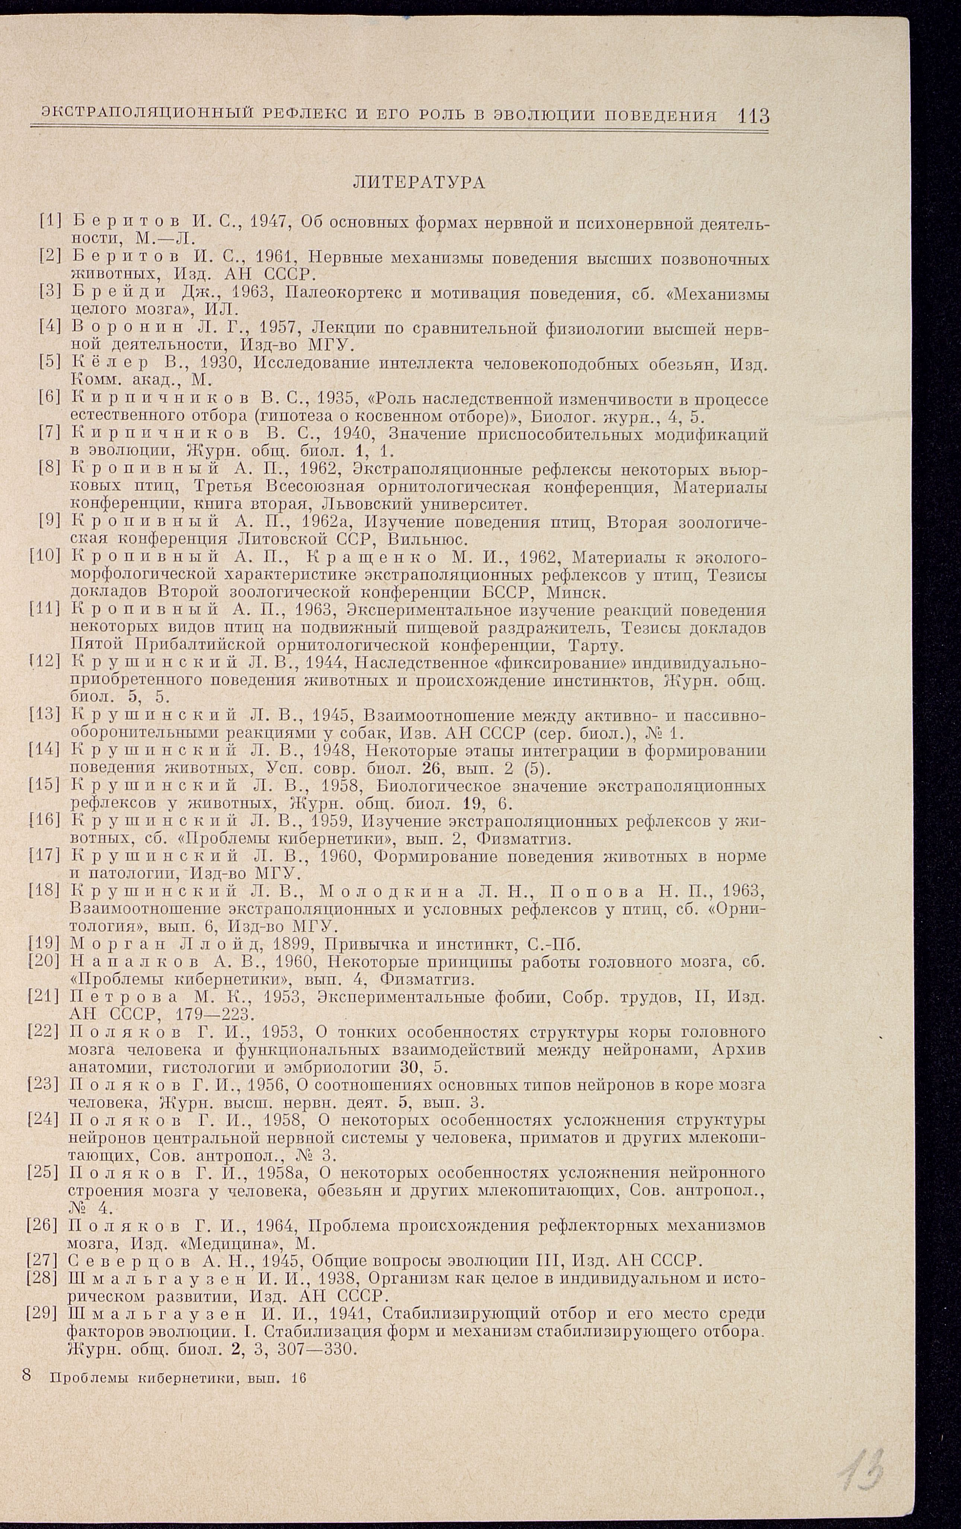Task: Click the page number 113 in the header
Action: [754, 116]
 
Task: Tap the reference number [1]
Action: [50, 221]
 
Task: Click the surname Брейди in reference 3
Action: [119, 293]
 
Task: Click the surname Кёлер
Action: [111, 364]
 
